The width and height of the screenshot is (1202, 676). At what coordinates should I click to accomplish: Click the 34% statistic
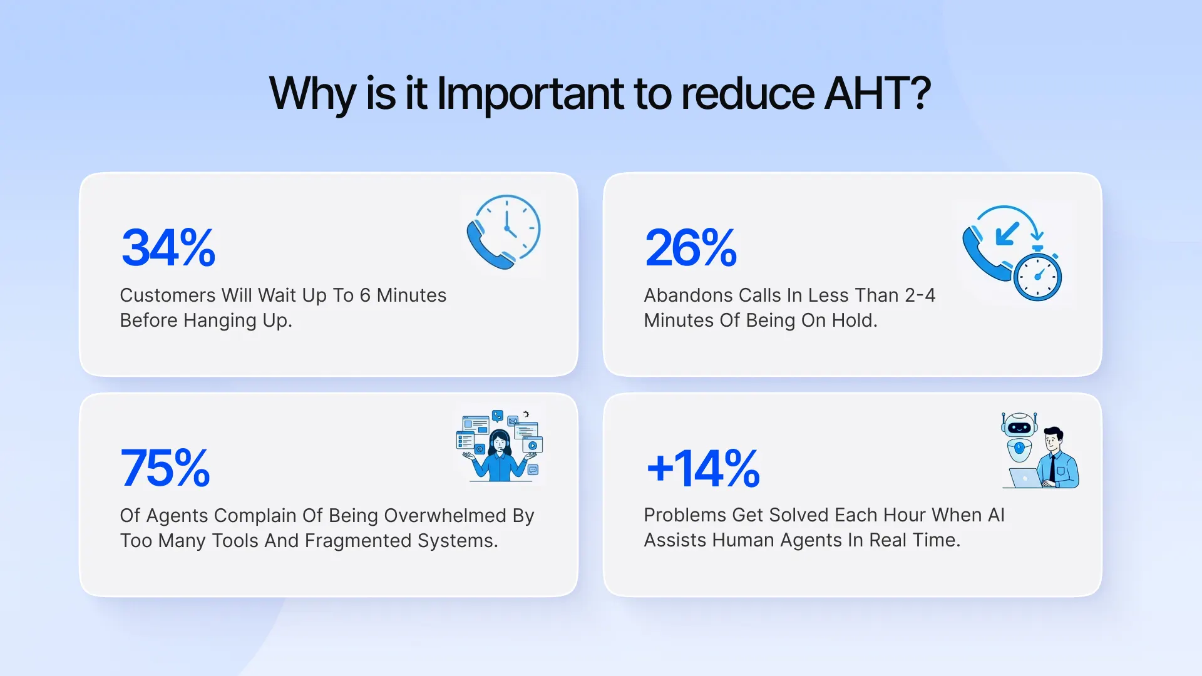168,248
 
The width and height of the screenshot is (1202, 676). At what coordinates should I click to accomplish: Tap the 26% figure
691,248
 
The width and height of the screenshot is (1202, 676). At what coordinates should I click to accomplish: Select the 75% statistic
165,468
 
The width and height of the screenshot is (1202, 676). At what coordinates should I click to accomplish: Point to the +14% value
703,468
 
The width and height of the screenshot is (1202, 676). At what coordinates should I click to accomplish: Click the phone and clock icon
503,232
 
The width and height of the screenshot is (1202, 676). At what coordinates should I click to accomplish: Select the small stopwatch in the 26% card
1037,275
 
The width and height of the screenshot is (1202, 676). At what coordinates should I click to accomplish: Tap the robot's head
1019,427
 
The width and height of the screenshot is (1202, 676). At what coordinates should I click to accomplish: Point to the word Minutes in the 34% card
411,295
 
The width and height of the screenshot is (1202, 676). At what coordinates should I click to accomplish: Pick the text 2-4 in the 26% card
920,295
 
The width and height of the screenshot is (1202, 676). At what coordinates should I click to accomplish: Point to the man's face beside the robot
1053,439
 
